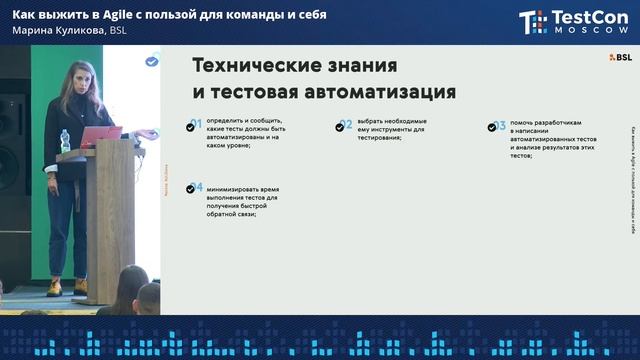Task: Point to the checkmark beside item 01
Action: [x=195, y=125]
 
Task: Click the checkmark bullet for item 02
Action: [x=344, y=126]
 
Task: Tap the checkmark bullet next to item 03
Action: [x=494, y=127]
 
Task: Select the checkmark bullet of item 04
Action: [x=195, y=187]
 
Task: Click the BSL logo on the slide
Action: [x=621, y=58]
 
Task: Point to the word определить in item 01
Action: [x=227, y=121]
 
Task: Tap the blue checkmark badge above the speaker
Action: [x=151, y=61]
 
